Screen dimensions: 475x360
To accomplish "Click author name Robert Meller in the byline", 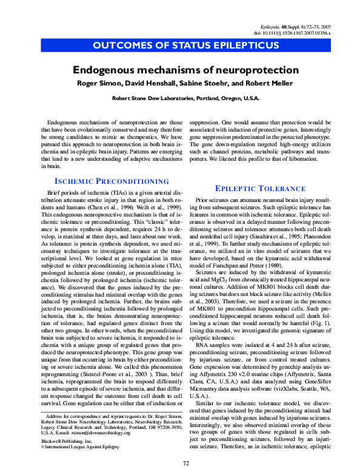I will pyautogui.click(x=272, y=83).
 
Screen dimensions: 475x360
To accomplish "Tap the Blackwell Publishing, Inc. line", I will pyautogui.click(x=68, y=441).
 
